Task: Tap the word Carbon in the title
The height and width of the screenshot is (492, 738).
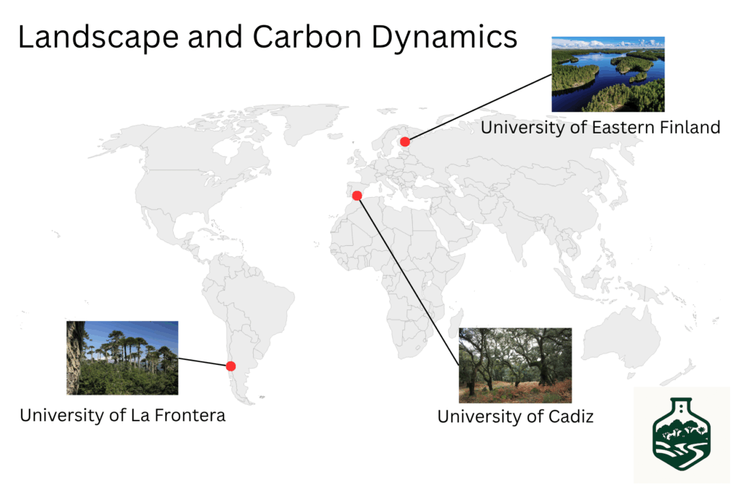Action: (x=306, y=37)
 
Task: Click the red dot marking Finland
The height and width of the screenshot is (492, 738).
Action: (x=405, y=141)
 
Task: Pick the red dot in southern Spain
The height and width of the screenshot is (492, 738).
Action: (x=357, y=196)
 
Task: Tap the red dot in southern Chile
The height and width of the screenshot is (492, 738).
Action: (x=231, y=366)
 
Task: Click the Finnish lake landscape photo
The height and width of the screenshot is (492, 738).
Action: (x=608, y=74)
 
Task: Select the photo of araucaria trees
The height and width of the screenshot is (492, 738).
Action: (x=123, y=358)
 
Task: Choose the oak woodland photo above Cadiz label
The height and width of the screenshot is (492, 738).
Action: (x=515, y=366)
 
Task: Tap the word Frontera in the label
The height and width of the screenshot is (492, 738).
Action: (x=190, y=416)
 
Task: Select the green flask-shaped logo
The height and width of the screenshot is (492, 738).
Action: (x=682, y=434)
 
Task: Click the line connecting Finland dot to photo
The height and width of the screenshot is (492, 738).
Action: (x=479, y=108)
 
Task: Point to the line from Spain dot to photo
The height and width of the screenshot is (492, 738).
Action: (x=408, y=281)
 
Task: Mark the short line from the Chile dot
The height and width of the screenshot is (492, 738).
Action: (x=204, y=362)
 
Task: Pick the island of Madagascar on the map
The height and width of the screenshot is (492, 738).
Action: (x=455, y=325)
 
